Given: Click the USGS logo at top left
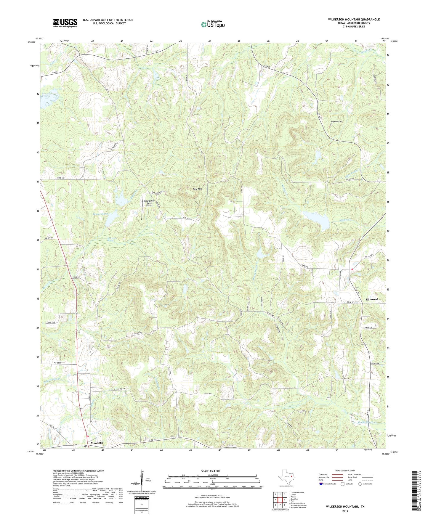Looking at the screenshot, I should [x=65, y=23].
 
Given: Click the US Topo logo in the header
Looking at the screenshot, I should [x=212, y=24].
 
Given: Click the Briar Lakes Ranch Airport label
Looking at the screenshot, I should [x=149, y=203].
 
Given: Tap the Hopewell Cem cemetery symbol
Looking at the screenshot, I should [x=331, y=125].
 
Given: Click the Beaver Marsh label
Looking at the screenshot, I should [x=100, y=213].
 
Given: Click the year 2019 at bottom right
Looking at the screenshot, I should [x=345, y=511].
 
